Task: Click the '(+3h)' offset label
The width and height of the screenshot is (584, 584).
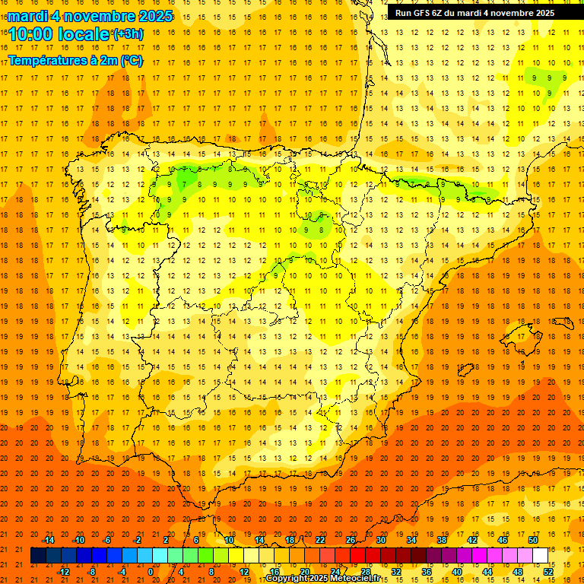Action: point(127,34)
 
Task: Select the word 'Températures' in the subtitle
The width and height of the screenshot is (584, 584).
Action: point(49,60)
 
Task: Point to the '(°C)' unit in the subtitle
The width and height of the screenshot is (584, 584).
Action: point(132,60)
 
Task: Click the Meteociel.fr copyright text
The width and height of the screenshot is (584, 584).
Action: point(322,579)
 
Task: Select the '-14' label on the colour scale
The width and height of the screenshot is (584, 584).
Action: point(48,540)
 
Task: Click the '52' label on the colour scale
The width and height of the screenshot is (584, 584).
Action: point(548,572)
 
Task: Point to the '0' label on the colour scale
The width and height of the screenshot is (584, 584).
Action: point(151,572)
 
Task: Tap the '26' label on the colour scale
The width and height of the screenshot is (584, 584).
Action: point(351,540)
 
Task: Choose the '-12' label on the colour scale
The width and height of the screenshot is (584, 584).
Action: point(63,572)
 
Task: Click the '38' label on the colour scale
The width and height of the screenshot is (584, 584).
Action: point(442,540)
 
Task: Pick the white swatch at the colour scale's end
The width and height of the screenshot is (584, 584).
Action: point(541,556)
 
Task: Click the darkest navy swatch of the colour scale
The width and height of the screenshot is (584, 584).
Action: point(38,556)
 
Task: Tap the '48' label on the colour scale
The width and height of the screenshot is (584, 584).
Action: point(518,572)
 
